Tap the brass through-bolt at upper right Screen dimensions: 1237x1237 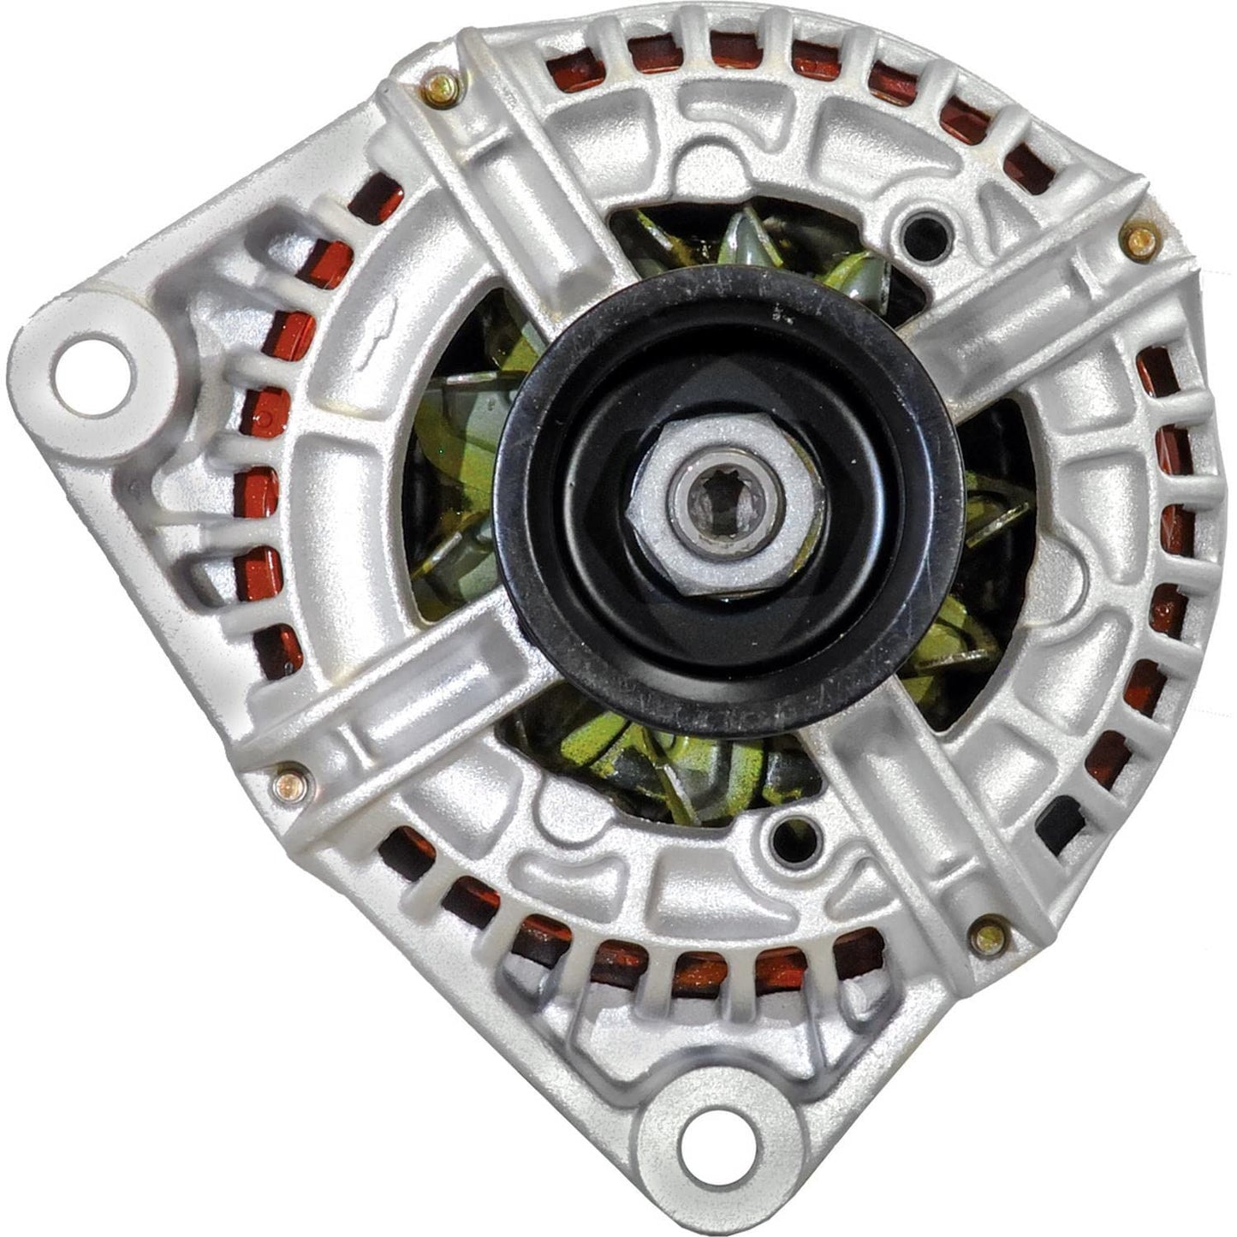(x=1140, y=241)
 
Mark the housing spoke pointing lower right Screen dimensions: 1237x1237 (x=925, y=822)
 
